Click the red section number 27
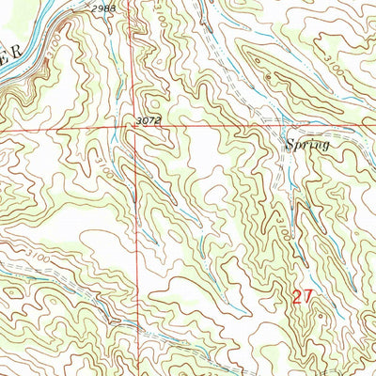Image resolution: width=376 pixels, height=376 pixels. click(x=300, y=298)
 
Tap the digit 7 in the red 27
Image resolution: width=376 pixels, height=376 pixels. click(x=305, y=298)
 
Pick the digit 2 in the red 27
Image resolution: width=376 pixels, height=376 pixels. click(x=294, y=298)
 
